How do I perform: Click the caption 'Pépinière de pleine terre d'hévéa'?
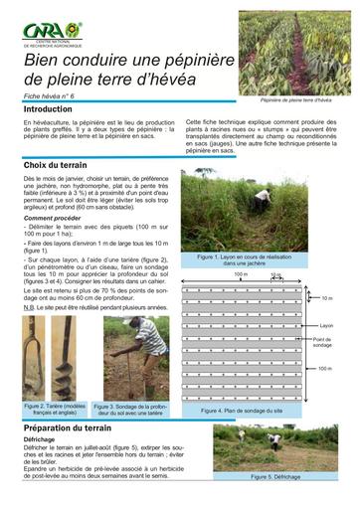(x=295, y=101)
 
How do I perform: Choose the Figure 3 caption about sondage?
(x=131, y=412)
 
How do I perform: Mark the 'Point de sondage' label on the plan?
(x=324, y=343)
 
